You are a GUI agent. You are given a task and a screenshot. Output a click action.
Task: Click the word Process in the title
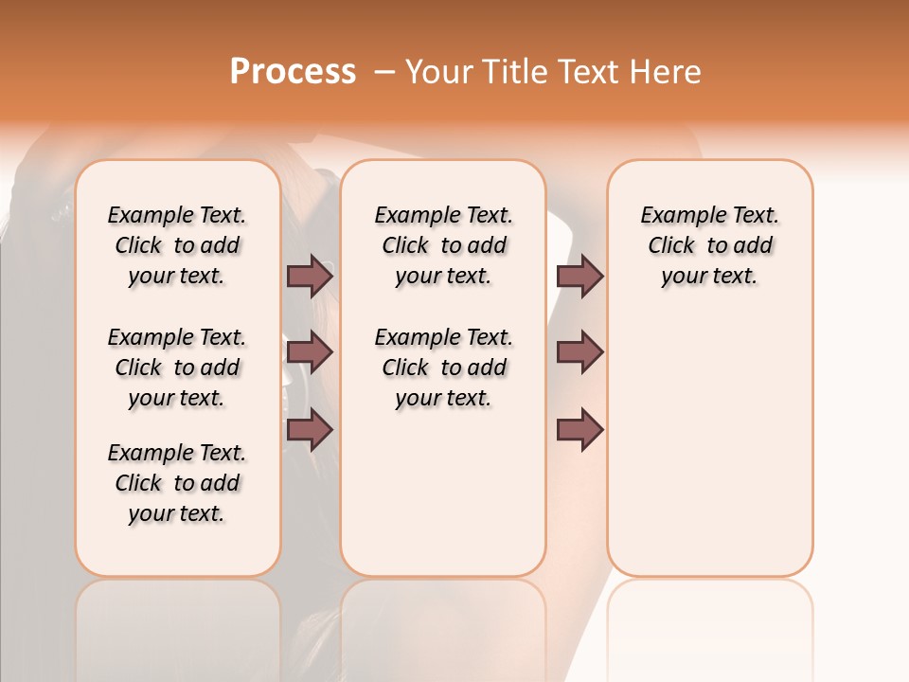tap(293, 72)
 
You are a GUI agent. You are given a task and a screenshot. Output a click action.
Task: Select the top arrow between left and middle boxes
tap(310, 276)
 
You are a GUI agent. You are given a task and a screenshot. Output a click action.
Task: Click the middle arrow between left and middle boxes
tap(310, 352)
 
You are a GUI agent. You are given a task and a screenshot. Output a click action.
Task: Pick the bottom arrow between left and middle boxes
tap(310, 430)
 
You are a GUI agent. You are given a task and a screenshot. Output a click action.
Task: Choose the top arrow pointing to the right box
tap(579, 276)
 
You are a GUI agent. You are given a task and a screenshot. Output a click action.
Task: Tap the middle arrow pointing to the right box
tap(579, 352)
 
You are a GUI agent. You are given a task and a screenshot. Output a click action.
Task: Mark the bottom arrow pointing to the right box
tap(579, 430)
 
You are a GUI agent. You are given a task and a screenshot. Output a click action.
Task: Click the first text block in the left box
tap(177, 245)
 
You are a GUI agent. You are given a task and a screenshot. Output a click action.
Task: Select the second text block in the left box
tap(177, 368)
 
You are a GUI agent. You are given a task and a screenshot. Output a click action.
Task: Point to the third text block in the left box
tap(177, 483)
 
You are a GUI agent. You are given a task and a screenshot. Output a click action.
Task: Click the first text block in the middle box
tap(443, 245)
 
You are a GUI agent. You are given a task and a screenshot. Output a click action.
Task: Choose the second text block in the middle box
tap(443, 368)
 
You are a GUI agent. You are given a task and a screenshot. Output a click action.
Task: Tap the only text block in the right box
tap(709, 245)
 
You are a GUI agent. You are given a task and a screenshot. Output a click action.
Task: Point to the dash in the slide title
tap(384, 72)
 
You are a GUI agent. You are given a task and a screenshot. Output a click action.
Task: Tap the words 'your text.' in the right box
tap(709, 277)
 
